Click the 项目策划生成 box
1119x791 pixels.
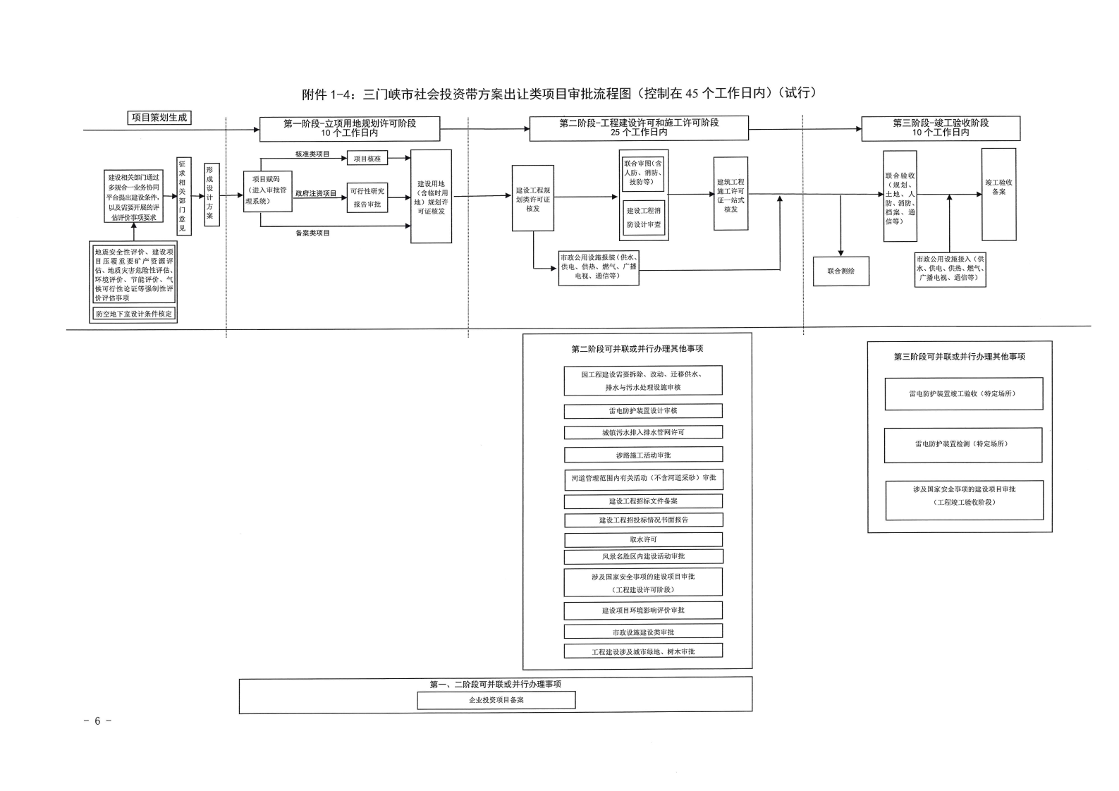(x=159, y=118)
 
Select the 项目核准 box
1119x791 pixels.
(x=367, y=159)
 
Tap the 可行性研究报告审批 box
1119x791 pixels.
(x=367, y=197)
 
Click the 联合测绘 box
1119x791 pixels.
(x=840, y=271)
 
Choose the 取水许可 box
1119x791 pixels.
(x=643, y=539)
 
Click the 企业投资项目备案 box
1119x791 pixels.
(x=496, y=700)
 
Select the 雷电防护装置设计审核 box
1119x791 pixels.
(x=643, y=410)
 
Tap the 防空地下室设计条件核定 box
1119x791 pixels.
(x=134, y=314)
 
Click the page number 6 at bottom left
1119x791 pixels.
(x=97, y=721)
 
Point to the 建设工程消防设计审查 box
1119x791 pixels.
(x=644, y=217)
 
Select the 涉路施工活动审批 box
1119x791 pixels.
(x=643, y=455)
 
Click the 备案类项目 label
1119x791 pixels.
(x=312, y=233)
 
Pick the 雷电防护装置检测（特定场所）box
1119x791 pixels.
(x=962, y=445)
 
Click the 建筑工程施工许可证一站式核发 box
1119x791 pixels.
(x=730, y=195)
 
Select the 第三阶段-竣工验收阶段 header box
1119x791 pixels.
(x=941, y=128)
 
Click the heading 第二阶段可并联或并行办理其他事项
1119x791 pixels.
(x=637, y=348)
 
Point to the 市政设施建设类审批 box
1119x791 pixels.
(x=643, y=632)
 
